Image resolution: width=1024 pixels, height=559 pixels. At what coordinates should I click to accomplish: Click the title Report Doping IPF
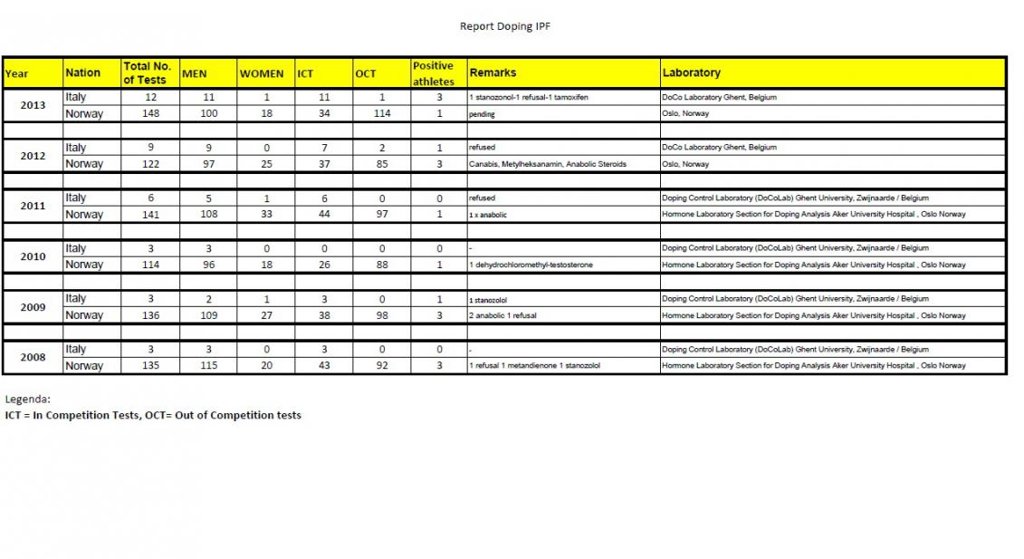point(504,26)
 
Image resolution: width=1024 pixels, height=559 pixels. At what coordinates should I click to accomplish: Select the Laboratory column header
point(692,72)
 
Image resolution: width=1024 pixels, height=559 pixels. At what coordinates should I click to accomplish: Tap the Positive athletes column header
point(433,73)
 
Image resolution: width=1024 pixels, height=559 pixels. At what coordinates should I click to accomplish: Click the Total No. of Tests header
point(147,73)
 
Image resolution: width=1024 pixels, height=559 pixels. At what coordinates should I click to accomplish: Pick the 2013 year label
point(33,105)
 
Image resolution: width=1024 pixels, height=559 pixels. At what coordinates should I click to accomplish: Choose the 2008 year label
point(33,357)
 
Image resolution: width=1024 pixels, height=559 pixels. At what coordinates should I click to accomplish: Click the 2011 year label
point(33,206)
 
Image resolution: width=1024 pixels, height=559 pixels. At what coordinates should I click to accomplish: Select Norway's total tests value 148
point(150,114)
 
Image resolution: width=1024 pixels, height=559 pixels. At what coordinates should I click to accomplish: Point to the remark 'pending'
point(482,114)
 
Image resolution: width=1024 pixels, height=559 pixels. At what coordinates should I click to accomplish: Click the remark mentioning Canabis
point(548,164)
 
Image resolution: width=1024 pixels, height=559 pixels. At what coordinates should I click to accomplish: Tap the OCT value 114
point(381,114)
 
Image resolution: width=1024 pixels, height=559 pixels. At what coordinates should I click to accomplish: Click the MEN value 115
point(207,366)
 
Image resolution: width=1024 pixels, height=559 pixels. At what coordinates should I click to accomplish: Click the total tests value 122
point(150,164)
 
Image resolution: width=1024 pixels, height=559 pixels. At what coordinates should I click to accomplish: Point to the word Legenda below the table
point(28,399)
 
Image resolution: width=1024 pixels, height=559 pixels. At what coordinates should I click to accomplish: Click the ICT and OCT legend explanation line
point(153,415)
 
